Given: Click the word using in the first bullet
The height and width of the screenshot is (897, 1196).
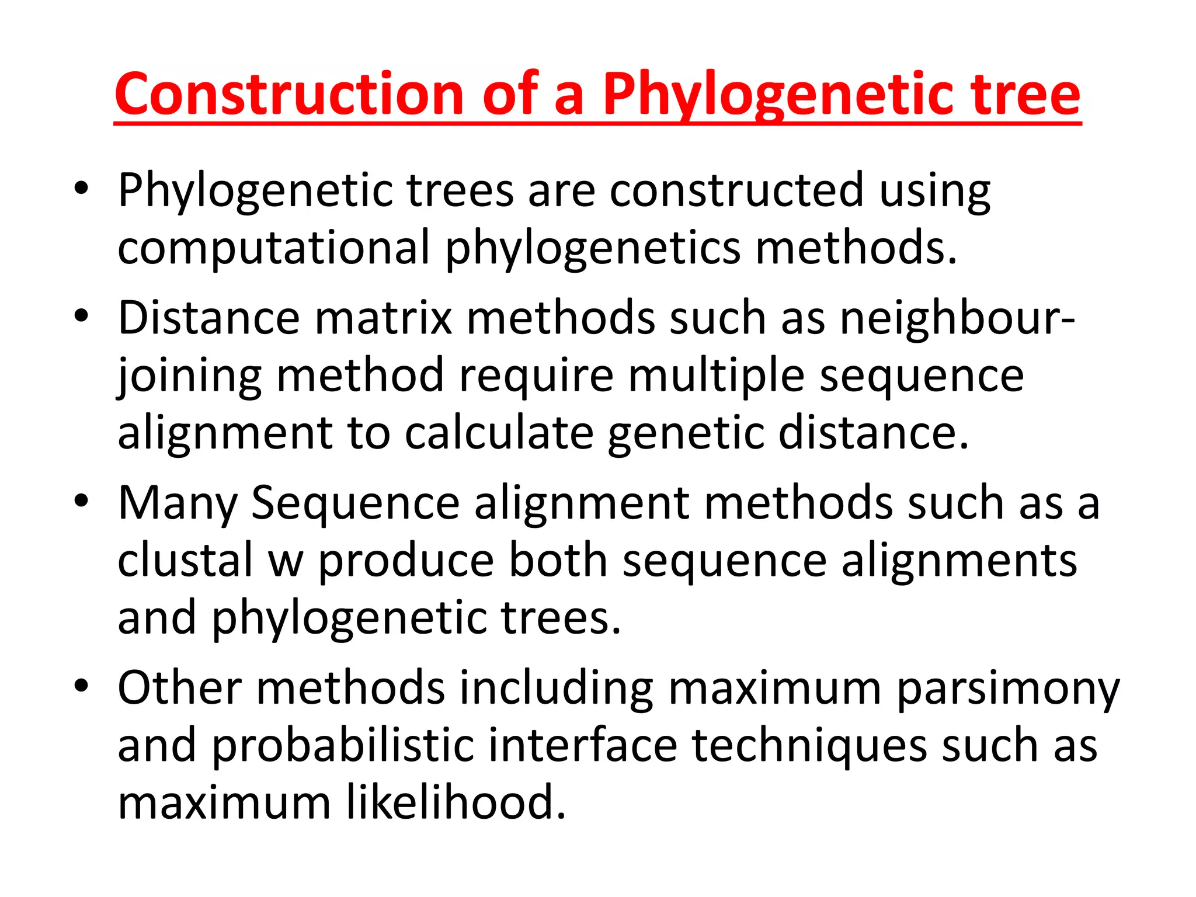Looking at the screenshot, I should [934, 191].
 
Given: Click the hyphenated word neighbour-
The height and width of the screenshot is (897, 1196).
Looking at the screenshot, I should [957, 319].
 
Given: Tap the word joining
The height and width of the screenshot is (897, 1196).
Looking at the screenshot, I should [189, 376].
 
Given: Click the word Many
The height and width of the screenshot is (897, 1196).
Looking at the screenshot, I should [178, 503].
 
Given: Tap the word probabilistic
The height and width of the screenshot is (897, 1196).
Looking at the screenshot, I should [343, 745].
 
